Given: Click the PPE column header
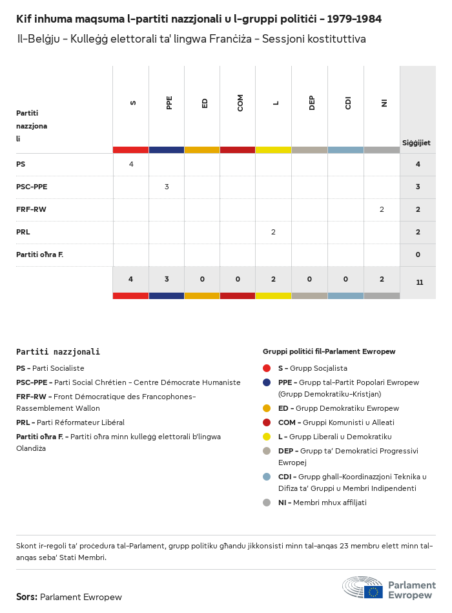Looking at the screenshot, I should pyautogui.click(x=169, y=103).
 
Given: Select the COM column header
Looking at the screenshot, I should pyautogui.click(x=240, y=103).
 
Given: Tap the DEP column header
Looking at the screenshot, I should pyautogui.click(x=312, y=103).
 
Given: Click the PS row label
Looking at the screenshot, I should pyautogui.click(x=21, y=165).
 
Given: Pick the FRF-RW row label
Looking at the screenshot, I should pyautogui.click(x=31, y=209).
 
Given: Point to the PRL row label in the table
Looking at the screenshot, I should pyautogui.click(x=23, y=232).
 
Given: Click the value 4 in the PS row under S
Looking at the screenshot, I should pyautogui.click(x=131, y=164).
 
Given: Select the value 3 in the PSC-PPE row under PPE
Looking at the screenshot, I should pyautogui.click(x=167, y=187).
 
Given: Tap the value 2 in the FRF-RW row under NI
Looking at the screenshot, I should pyautogui.click(x=382, y=209).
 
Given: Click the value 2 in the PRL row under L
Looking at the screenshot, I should pyautogui.click(x=273, y=232).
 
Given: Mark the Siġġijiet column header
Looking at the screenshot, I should pyautogui.click(x=416, y=143).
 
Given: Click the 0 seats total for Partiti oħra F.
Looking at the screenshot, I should pyautogui.click(x=418, y=255).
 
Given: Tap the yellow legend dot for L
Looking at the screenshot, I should pyautogui.click(x=267, y=437).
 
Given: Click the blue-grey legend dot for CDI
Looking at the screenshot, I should pyautogui.click(x=267, y=477).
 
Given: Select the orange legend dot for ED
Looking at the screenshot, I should pyautogui.click(x=267, y=408).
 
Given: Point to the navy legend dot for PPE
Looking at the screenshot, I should pyautogui.click(x=267, y=382).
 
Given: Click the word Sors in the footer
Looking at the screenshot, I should pyautogui.click(x=26, y=597).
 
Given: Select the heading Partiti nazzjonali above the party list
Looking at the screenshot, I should pyautogui.click(x=58, y=352).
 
